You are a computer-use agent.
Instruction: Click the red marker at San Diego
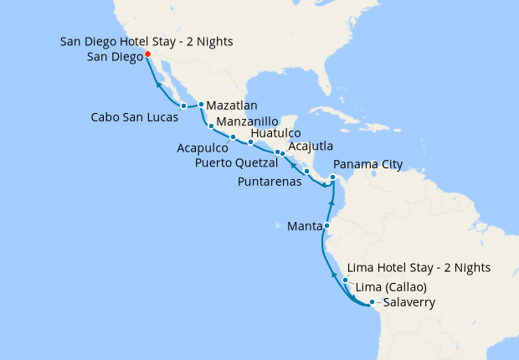(147, 54)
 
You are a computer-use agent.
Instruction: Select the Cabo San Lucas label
(135, 118)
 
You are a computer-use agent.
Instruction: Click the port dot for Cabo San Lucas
(183, 105)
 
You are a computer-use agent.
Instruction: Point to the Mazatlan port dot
(201, 105)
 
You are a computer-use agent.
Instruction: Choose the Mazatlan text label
(234, 105)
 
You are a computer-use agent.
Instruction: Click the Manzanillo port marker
(211, 126)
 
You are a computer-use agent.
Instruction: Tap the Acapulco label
(201, 147)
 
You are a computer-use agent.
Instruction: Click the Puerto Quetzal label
(237, 162)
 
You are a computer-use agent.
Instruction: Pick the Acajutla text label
(309, 147)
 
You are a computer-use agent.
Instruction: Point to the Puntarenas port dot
(307, 172)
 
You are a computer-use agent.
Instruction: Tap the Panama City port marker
(332, 177)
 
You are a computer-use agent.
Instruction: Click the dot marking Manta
(326, 226)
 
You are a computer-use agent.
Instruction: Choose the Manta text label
(301, 226)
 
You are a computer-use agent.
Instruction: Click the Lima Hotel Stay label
(419, 268)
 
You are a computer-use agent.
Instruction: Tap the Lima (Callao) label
(392, 288)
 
